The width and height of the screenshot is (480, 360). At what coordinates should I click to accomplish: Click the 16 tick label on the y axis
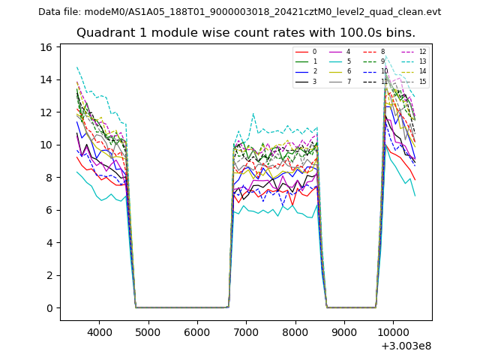(46, 47)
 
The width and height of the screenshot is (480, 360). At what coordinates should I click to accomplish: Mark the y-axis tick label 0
(48, 308)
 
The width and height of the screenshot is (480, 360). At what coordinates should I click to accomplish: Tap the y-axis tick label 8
(48, 178)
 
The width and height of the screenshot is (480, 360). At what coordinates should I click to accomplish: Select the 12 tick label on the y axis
(46, 112)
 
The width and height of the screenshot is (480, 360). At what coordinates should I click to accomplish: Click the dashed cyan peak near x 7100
(253, 114)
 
